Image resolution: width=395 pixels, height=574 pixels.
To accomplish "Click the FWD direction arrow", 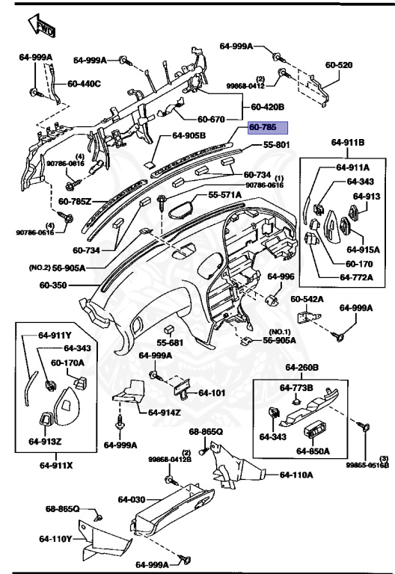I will pos(40,28).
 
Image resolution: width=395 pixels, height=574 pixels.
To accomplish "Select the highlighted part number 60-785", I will pos(272,128).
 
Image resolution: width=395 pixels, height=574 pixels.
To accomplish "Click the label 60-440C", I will pos(85,83).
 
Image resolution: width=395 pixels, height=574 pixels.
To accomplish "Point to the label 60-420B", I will pos(267,106).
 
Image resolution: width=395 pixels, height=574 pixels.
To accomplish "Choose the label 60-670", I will pos(212,119).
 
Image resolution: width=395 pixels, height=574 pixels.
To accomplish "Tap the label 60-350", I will pos(54,285).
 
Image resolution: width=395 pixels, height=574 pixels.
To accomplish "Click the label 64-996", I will pos(281,277).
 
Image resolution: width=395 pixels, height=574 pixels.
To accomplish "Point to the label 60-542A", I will pos(307,299).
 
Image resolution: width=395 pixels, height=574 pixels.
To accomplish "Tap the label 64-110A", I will pos(297,475).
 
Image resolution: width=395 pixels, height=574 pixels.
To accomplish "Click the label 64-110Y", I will pos(56,538).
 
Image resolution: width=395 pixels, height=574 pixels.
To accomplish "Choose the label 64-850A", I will pos(311,451).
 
